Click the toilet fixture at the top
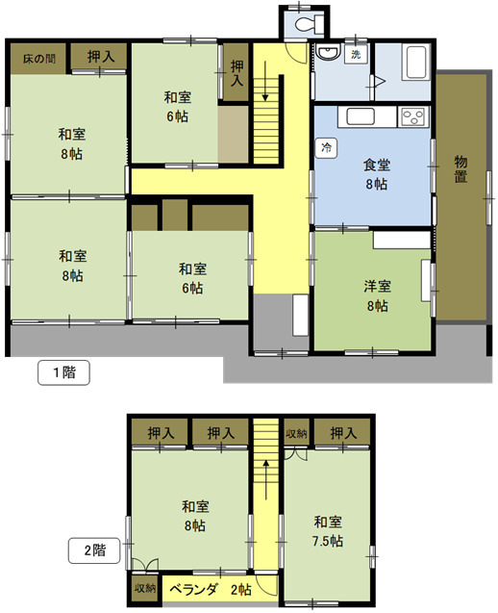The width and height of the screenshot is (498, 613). (310, 24)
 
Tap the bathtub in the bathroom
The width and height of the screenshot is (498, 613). (418, 62)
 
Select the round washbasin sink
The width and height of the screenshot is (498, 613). (327, 52)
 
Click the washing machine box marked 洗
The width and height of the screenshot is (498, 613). (356, 54)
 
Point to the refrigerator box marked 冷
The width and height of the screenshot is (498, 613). (326, 148)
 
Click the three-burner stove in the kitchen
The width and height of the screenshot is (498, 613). (413, 116)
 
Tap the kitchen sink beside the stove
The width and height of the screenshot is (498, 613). (361, 116)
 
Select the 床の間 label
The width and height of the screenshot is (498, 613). (39, 59)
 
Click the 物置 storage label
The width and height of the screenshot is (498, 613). (461, 169)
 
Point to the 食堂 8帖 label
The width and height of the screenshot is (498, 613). (377, 174)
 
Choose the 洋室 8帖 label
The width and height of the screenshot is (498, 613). (377, 296)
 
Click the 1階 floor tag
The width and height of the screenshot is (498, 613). (64, 372)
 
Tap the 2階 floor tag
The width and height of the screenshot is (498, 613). (94, 550)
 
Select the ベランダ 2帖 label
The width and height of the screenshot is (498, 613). (212, 590)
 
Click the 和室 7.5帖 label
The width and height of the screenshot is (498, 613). (328, 531)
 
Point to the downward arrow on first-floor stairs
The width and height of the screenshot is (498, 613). (265, 81)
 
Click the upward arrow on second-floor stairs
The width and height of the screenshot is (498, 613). (265, 479)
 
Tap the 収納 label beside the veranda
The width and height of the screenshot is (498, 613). (145, 588)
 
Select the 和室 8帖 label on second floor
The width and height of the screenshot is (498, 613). (195, 516)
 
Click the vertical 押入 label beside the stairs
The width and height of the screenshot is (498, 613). (237, 73)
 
